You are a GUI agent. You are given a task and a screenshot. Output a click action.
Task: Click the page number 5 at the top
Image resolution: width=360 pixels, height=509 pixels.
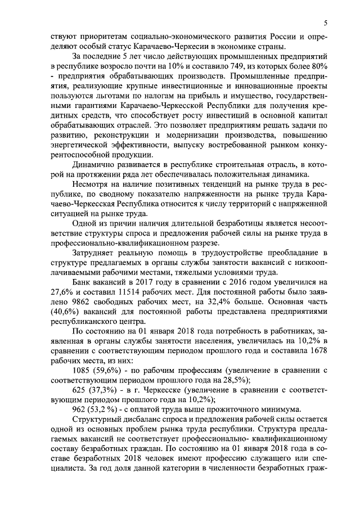(x=326, y=22)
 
